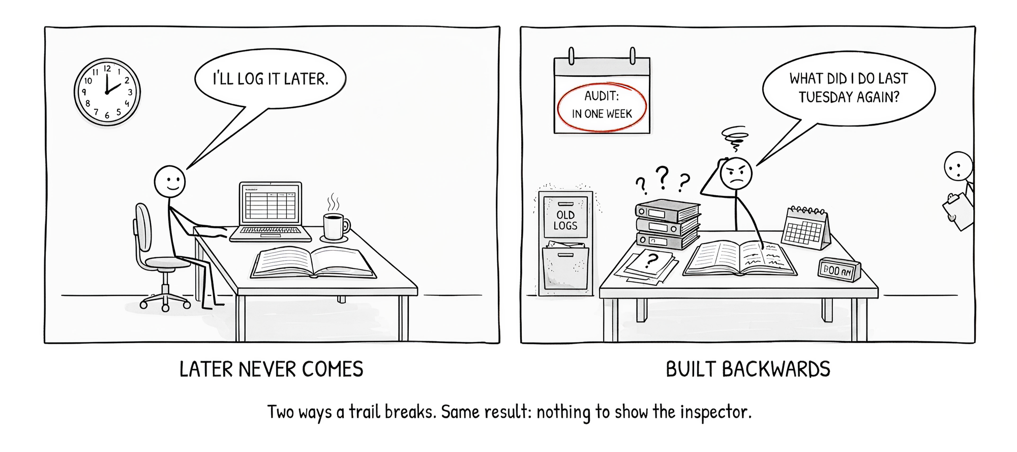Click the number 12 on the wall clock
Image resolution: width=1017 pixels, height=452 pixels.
tap(107, 69)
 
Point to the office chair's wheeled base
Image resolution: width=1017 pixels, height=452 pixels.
tap(165, 300)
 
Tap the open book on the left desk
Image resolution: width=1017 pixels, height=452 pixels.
tap(313, 262)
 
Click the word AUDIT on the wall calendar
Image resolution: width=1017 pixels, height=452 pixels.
tap(602, 96)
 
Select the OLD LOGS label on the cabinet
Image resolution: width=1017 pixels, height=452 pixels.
tap(565, 220)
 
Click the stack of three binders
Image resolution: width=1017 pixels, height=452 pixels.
tap(668, 224)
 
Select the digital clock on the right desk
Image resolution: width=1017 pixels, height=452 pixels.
tap(840, 269)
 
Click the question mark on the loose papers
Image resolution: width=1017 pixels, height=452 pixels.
tap(650, 261)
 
